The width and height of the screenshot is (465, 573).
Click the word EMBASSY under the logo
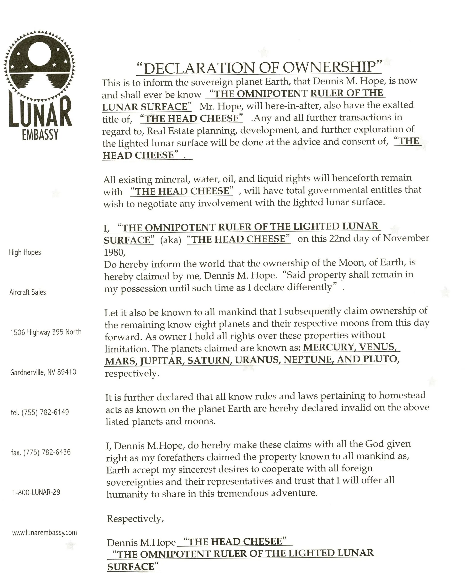point(40,134)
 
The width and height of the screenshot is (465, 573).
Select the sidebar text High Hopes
point(25,252)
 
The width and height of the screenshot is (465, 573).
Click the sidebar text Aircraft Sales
point(28,292)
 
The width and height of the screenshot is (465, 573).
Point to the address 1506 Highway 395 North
point(46,332)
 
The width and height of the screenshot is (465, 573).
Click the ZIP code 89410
point(67,372)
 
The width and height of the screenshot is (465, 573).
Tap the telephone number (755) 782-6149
point(45,412)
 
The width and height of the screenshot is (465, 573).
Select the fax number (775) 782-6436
point(47,452)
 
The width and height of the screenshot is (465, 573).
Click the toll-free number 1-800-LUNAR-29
point(36,492)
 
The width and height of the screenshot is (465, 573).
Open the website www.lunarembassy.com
point(45,532)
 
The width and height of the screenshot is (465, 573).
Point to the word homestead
point(402,395)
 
